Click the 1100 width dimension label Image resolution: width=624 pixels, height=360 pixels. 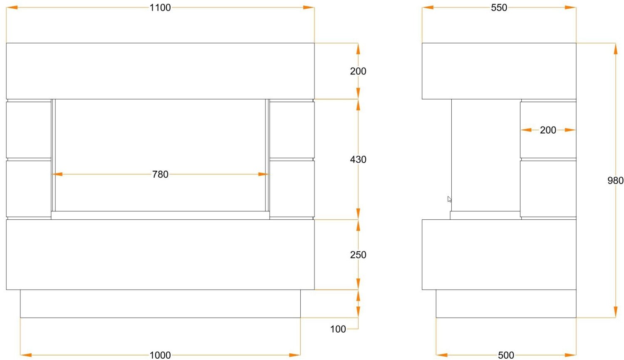[160, 7]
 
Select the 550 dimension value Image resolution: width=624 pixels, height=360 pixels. [499, 7]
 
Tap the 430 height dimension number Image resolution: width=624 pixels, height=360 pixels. [358, 159]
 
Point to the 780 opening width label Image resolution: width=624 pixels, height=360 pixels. [160, 174]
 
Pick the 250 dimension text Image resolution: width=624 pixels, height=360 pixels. [358, 255]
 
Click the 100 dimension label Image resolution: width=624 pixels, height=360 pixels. [338, 329]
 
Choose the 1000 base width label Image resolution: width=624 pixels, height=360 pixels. [160, 355]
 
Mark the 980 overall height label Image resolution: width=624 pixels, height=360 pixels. [615, 181]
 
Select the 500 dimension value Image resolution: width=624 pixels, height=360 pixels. [506, 355]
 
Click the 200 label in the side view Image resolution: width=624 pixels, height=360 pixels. [548, 130]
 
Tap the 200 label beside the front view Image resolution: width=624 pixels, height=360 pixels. [358, 71]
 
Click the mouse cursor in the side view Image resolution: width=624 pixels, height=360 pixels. [449, 199]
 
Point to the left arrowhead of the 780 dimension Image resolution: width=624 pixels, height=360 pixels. [57, 174]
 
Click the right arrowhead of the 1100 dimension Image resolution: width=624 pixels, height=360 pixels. [309, 7]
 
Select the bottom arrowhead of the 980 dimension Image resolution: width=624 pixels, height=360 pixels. [615, 312]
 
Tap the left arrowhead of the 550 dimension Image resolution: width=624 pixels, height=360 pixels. [428, 7]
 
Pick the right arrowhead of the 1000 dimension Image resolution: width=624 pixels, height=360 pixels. [295, 355]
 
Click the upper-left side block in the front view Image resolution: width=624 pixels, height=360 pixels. [29, 130]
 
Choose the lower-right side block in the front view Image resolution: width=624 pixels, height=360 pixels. [292, 189]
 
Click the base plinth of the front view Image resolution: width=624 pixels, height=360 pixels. [160, 304]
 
